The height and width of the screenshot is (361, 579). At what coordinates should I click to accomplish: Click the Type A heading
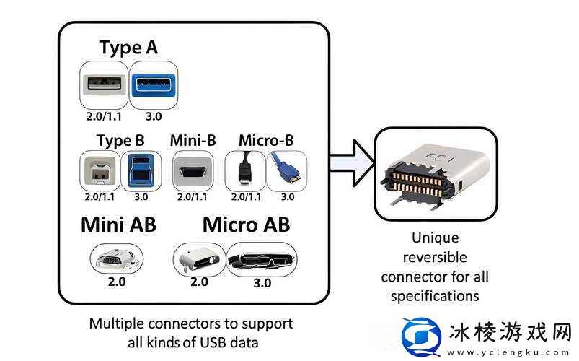click(x=128, y=48)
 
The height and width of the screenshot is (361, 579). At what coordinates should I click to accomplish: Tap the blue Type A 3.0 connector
click(x=153, y=84)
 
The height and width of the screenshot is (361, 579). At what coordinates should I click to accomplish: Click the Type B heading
click(x=120, y=139)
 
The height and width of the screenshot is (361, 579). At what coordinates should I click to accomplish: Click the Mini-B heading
click(x=193, y=139)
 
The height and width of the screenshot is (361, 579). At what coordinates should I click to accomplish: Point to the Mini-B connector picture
click(x=193, y=171)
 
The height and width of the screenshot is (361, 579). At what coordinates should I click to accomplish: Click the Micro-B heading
click(x=265, y=139)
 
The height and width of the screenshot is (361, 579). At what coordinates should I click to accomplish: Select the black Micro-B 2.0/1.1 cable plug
click(x=246, y=170)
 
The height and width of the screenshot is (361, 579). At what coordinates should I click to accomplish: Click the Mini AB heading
click(x=118, y=225)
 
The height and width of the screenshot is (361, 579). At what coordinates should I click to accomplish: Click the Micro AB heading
click(x=246, y=225)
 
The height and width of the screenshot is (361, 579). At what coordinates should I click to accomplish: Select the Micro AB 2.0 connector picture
click(x=199, y=258)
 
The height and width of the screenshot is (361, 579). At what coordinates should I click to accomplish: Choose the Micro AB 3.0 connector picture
click(x=261, y=258)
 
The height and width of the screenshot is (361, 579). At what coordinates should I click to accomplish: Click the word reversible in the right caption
click(x=434, y=257)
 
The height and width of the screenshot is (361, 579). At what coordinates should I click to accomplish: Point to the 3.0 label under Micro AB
click(x=262, y=283)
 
